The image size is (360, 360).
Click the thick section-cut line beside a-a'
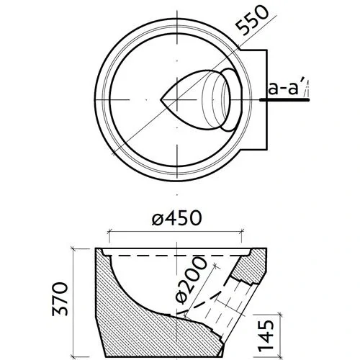tap(284, 101)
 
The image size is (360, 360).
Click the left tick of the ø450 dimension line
tap(109, 232)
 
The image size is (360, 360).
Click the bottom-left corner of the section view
tap(107, 355)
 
